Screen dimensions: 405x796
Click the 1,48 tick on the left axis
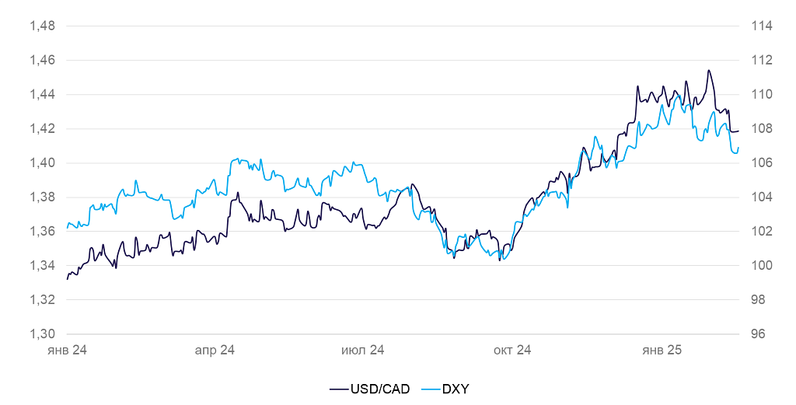(42, 26)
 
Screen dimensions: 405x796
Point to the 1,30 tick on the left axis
(42, 333)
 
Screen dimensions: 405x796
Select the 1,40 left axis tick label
(42, 162)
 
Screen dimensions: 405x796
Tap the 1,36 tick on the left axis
(42, 231)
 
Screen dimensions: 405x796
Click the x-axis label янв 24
(67, 351)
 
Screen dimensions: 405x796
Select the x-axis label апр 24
(215, 351)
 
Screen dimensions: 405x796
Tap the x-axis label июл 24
(363, 351)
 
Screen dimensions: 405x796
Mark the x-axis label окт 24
(512, 351)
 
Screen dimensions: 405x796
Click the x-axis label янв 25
(662, 351)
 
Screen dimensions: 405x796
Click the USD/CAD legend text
(379, 388)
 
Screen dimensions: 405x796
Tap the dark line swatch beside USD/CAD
(339, 388)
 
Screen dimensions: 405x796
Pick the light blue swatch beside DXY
(430, 388)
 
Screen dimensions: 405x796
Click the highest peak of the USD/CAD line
(709, 71)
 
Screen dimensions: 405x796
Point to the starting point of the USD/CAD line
(68, 278)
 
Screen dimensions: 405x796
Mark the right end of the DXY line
(738, 148)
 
